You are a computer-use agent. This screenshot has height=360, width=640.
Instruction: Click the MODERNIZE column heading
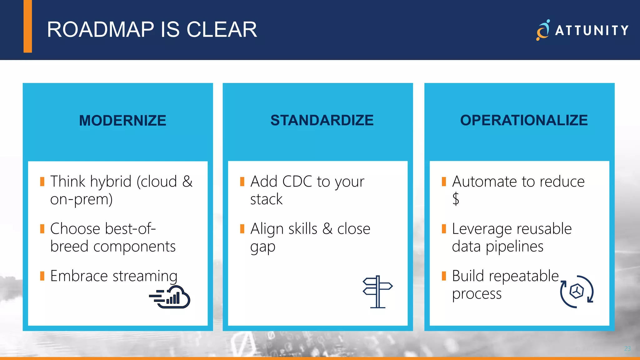point(122,121)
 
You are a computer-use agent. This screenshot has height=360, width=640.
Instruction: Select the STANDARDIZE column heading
point(322,120)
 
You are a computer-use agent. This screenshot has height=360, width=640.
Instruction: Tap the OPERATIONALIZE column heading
point(524,120)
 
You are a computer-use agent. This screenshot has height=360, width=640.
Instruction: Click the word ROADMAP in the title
point(100,30)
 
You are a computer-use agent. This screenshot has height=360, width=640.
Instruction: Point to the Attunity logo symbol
point(543,30)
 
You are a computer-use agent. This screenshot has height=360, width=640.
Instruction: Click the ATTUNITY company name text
point(592,31)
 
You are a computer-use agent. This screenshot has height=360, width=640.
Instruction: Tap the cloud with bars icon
point(170,297)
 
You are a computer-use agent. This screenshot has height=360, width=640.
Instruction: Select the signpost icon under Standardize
point(377,292)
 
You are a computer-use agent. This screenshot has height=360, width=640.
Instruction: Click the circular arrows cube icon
point(577,292)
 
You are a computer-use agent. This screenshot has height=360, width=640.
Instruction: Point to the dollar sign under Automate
point(456,199)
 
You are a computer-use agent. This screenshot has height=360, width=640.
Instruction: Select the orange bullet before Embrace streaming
point(42,276)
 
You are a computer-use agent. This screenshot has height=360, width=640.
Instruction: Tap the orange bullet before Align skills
point(242,229)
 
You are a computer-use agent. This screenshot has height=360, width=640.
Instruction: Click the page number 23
point(627,348)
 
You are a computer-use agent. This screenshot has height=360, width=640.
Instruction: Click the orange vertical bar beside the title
point(28,26)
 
